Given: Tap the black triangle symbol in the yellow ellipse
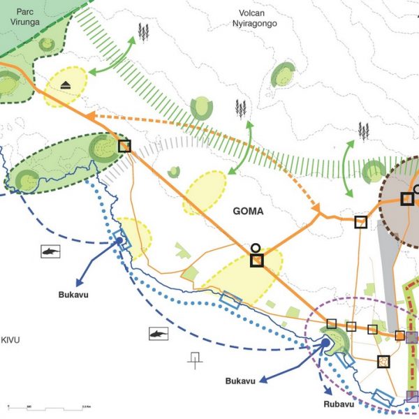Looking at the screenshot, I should tap(64, 85).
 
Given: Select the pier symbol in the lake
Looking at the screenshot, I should tap(194, 359).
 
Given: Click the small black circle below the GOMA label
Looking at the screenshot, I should tap(256, 247).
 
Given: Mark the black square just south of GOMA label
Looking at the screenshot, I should tap(256, 260).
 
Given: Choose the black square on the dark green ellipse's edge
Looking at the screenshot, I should tap(124, 146).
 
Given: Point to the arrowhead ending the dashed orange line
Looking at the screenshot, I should tap(316, 209).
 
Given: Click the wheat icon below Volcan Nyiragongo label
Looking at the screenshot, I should tap(242, 108).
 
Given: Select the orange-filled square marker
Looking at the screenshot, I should tap(399, 336).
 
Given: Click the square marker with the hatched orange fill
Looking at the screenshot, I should tap(383, 362).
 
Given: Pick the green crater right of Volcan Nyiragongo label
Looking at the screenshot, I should tap(284, 73).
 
